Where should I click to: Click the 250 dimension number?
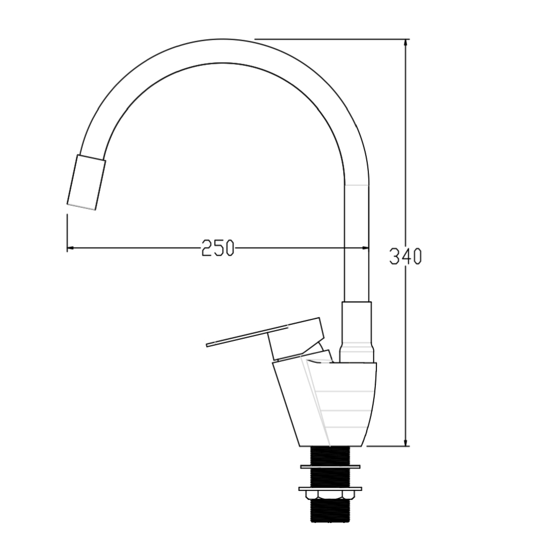218,248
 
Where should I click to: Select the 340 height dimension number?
405,256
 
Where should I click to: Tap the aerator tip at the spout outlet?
86,182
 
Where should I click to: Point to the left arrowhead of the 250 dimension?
70,248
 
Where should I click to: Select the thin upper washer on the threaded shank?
331,465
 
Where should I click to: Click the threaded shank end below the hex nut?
330,513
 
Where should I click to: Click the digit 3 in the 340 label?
394,256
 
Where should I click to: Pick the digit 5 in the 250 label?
218,248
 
